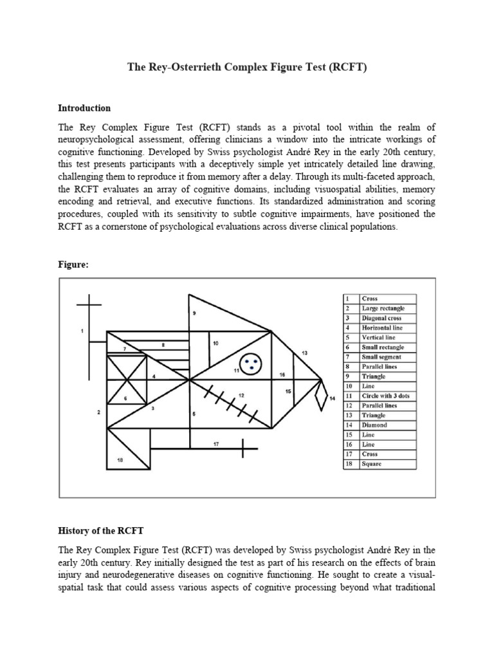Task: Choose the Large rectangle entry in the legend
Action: point(383,309)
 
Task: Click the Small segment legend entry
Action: point(382,357)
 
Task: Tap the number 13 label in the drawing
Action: point(304,353)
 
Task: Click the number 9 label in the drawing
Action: point(194,313)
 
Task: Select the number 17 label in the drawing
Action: point(216,444)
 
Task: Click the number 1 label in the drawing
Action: point(82,331)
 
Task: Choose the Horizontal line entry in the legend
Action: point(383,328)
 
